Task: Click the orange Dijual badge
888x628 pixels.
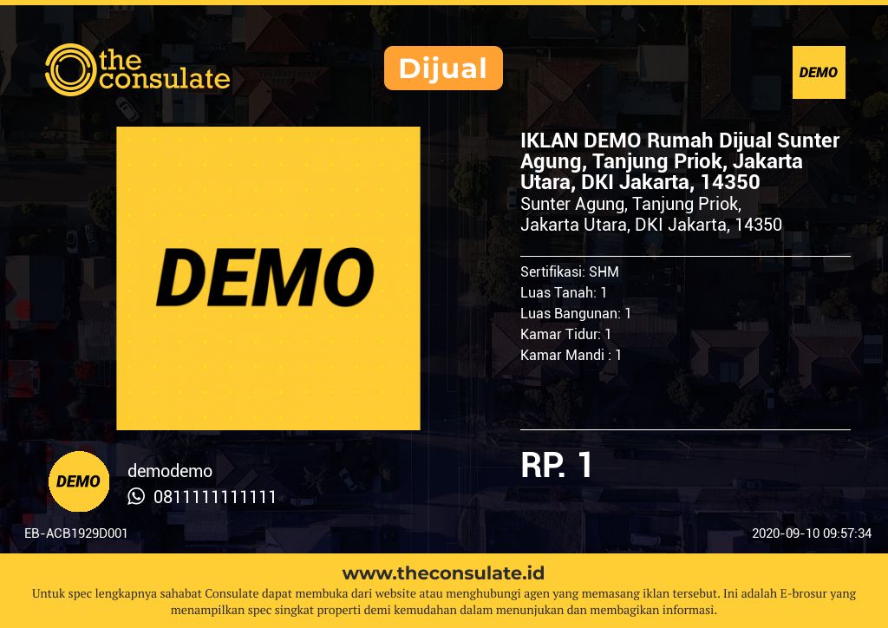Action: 443,68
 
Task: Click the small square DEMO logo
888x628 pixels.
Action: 819,73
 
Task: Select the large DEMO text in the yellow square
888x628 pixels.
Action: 265,278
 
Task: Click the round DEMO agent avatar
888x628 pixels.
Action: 79,481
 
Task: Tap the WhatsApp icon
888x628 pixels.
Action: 136,496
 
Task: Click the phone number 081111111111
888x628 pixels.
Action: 215,497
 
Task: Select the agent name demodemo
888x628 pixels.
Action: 170,471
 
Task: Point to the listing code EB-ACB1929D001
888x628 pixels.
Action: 76,533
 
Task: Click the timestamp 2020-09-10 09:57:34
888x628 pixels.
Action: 812,533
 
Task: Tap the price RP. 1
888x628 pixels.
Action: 556,465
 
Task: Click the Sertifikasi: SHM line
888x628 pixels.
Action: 569,271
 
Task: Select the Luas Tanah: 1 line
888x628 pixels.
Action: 564,292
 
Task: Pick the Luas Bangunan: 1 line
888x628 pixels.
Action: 576,313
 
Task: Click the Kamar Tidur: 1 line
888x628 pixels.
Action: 565,334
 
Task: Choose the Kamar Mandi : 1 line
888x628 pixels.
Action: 571,355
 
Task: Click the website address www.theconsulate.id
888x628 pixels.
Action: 443,573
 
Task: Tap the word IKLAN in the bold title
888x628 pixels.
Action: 549,140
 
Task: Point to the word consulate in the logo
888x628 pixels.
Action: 165,79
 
